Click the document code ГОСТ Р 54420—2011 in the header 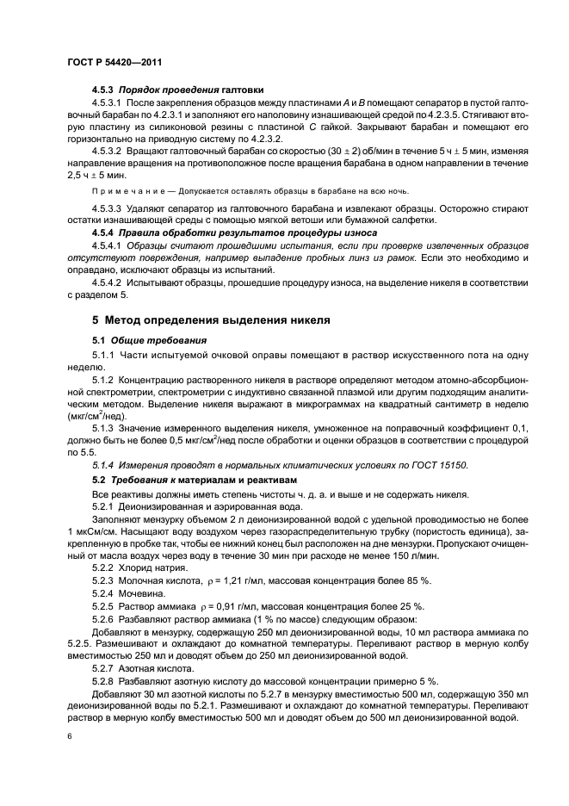click(114, 63)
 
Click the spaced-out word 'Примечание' click(127, 191)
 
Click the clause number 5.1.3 click(105, 427)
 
